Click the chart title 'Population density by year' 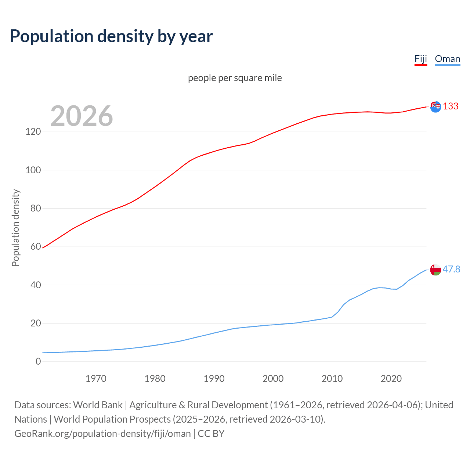point(111,36)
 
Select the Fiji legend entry point(421,59)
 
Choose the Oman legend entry point(447,59)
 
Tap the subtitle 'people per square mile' point(235,78)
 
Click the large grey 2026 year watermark point(82,116)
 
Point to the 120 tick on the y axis point(33,131)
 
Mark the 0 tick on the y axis point(38,361)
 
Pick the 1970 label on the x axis point(96,379)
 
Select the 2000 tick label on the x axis point(273,379)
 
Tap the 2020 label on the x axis point(391,379)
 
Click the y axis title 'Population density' point(15,228)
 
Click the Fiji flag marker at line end point(435,107)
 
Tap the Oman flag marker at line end point(435,270)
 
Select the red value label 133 point(451,106)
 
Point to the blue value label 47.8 point(451,270)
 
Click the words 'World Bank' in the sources point(98,405)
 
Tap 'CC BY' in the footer point(211,434)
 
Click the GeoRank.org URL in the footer point(102,434)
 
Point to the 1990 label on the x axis point(214,379)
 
